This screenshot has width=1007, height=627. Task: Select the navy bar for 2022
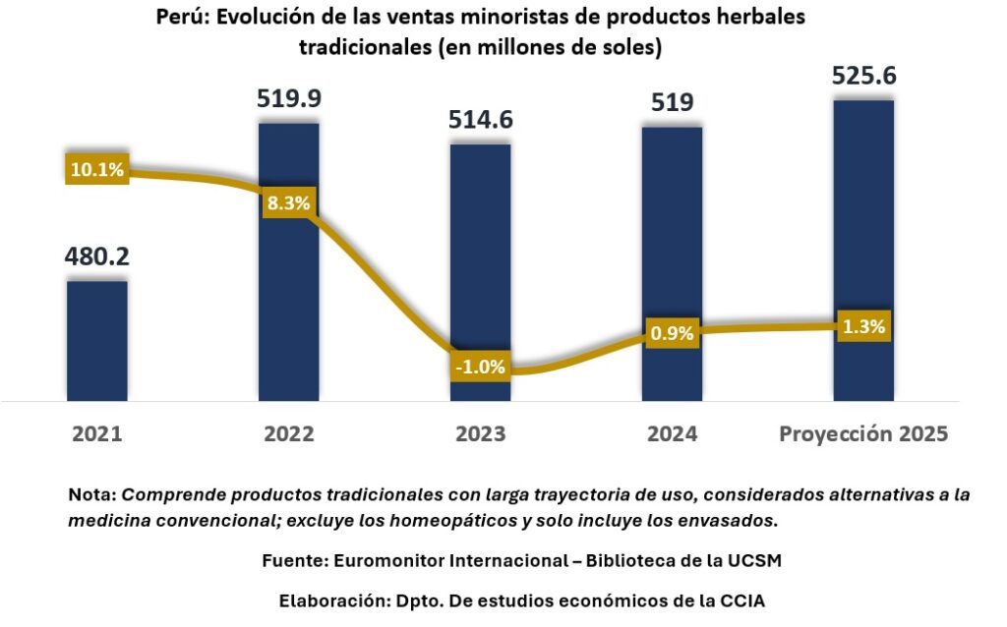coord(288,295)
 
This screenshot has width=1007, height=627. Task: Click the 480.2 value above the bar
coord(96,256)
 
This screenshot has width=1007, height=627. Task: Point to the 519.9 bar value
coord(288,98)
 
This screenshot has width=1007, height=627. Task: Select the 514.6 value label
coord(480,120)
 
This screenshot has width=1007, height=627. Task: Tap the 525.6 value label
coord(863,77)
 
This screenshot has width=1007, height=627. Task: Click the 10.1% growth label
coord(96,169)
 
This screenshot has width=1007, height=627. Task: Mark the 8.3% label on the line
coord(288,204)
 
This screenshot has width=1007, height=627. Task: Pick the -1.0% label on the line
coord(480,368)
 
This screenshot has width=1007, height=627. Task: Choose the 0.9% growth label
coord(672,332)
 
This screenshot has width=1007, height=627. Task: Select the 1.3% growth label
coord(863,326)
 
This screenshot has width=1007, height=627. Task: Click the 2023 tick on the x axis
coord(480,434)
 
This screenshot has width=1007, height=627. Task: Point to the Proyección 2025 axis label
coord(863,434)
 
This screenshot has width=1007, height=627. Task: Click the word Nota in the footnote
coord(90,495)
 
